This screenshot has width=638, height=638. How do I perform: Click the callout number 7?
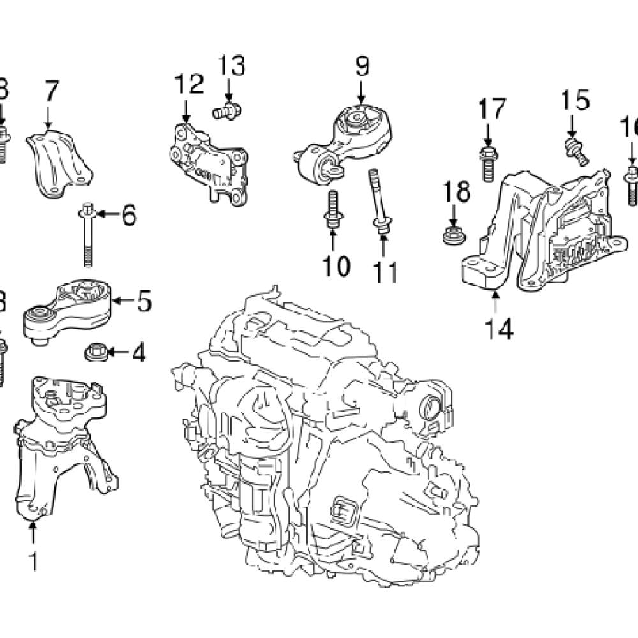[x=51, y=93]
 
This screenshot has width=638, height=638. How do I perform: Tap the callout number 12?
[x=188, y=85]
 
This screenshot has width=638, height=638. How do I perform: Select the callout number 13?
[x=232, y=66]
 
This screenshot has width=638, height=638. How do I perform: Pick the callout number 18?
[x=457, y=191]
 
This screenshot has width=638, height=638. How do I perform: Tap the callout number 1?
[x=33, y=562]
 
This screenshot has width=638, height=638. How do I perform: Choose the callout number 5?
[x=145, y=300]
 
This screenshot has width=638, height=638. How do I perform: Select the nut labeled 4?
[x=95, y=351]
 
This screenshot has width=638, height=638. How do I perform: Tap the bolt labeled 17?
[x=487, y=165]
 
